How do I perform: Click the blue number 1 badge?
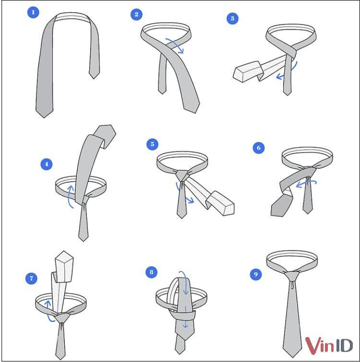[x=33, y=12]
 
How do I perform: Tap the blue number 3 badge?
[x=233, y=19]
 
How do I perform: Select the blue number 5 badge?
[x=152, y=144]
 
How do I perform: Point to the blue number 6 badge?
[x=259, y=148]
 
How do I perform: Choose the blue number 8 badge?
[x=152, y=272]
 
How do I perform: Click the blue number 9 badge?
[x=255, y=274]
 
